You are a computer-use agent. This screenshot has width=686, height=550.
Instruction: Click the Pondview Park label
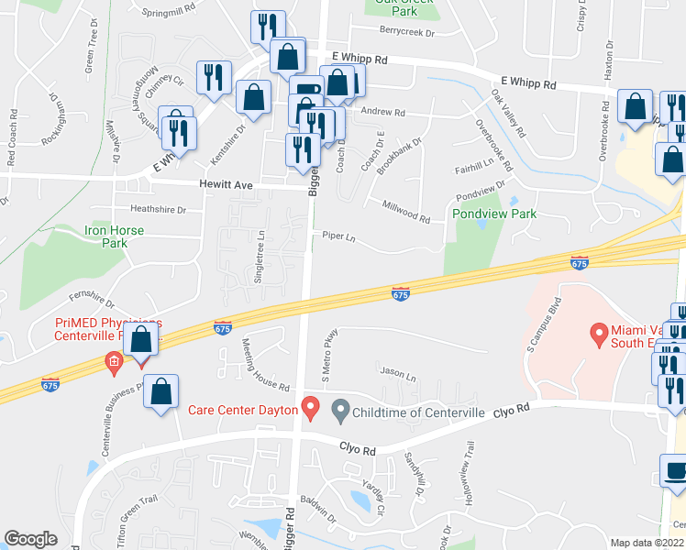click(x=494, y=214)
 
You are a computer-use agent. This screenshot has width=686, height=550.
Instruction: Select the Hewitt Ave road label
click(x=226, y=185)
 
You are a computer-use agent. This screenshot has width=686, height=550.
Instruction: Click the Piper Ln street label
click(x=338, y=236)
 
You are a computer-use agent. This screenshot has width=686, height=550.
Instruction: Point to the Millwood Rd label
click(x=405, y=212)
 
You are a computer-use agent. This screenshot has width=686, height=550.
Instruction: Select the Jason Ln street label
click(x=397, y=376)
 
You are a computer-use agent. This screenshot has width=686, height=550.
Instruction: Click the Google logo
click(x=30, y=539)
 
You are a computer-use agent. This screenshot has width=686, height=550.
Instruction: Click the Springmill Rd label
click(x=170, y=12)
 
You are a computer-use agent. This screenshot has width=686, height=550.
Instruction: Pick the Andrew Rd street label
click(x=382, y=112)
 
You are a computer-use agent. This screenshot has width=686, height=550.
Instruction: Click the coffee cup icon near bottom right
click(x=676, y=471)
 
